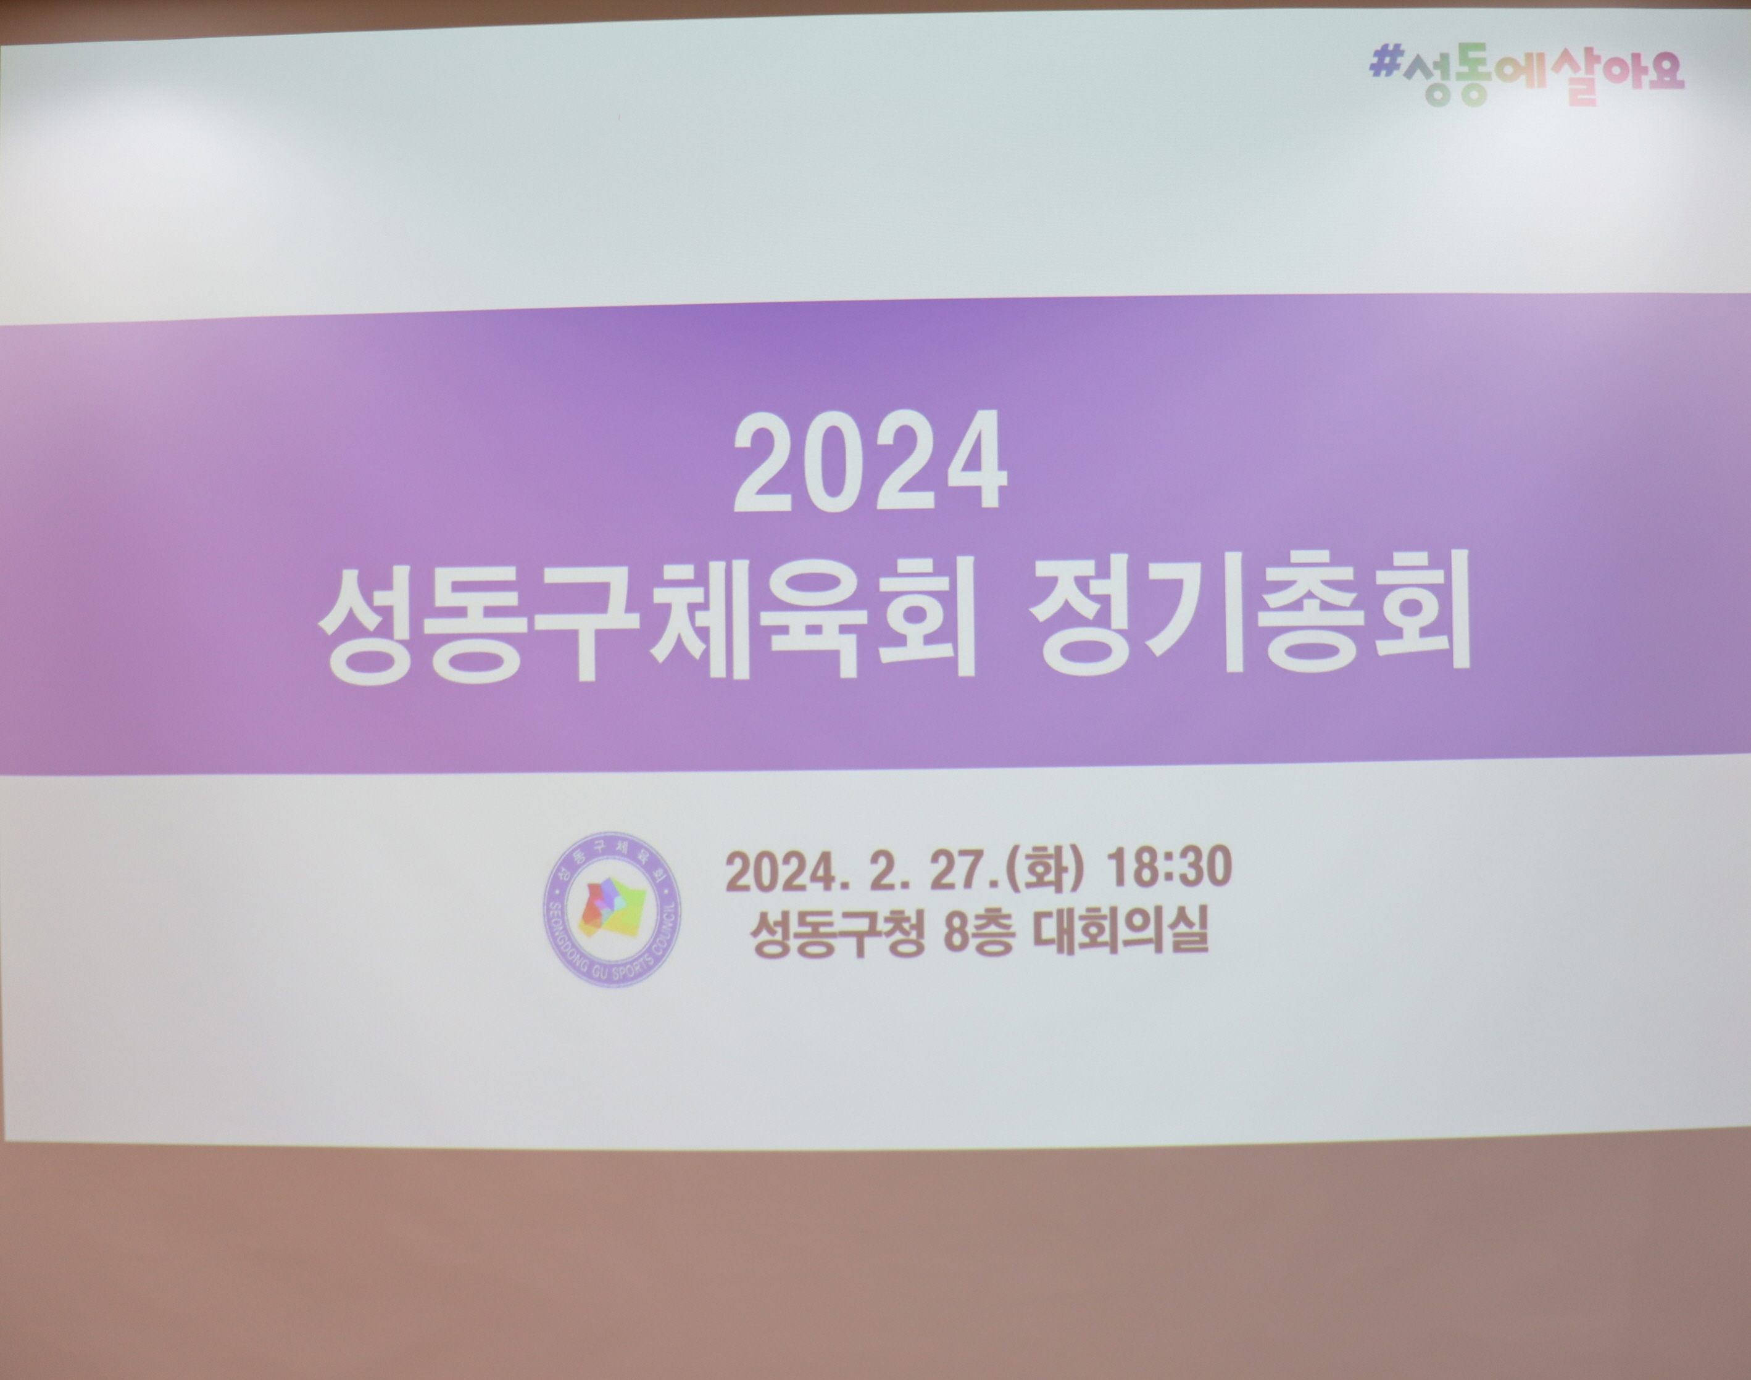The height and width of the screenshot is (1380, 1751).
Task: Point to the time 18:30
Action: [x=1168, y=868]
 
